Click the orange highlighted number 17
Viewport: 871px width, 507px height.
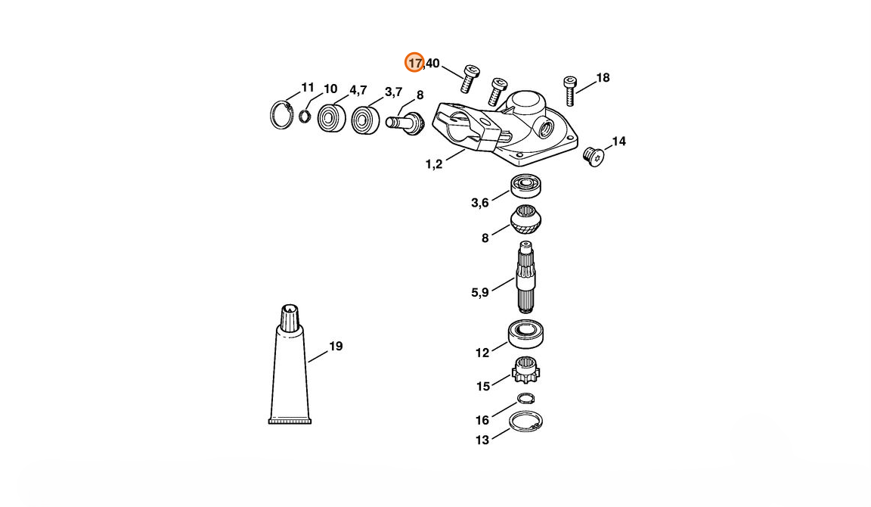[414, 63]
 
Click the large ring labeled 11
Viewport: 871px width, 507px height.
[282, 115]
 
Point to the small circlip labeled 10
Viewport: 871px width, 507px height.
[305, 116]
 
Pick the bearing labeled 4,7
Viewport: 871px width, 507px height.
[330, 117]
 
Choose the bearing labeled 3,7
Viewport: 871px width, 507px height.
[365, 120]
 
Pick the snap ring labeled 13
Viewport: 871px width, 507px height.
[526, 422]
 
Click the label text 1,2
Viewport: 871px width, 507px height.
[434, 163]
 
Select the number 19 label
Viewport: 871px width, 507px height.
[336, 347]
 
